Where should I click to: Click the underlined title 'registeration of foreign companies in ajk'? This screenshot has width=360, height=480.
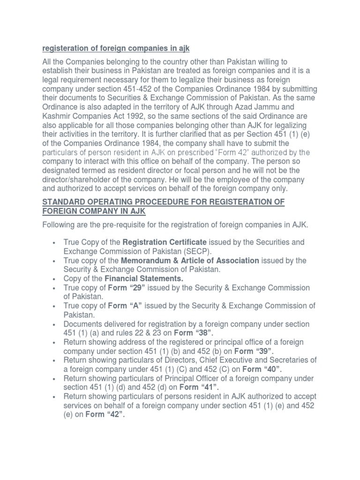click(116, 49)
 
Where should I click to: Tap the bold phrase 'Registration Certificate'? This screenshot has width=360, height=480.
click(164, 242)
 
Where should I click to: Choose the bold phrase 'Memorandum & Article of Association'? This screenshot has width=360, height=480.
click(190, 260)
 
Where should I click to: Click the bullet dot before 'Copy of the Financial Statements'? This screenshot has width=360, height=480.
click(55, 279)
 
